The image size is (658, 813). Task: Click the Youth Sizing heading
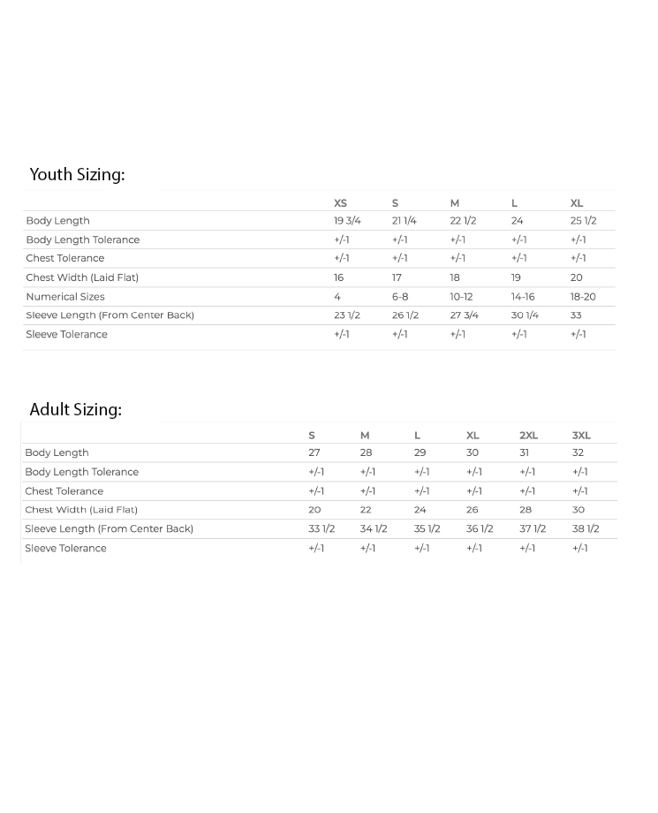(77, 175)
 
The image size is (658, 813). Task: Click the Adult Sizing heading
(75, 410)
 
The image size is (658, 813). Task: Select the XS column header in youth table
(340, 203)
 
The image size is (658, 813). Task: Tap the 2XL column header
(528, 436)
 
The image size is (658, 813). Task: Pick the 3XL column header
(581, 436)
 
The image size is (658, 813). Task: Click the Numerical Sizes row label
(65, 297)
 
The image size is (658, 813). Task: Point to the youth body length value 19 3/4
(347, 221)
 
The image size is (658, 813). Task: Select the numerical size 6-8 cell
(400, 297)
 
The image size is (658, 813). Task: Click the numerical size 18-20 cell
(583, 297)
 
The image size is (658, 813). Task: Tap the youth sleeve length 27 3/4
(464, 315)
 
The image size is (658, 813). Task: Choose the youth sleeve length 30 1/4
(525, 315)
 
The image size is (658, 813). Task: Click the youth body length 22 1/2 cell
(463, 221)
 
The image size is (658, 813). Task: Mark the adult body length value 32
(578, 452)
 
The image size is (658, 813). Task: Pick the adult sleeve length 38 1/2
(586, 529)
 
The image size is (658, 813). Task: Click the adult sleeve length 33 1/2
(321, 529)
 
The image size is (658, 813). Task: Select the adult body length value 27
(314, 452)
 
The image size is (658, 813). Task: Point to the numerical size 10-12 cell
(461, 297)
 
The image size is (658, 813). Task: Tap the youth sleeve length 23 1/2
(347, 315)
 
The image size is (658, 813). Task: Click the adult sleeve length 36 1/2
(480, 529)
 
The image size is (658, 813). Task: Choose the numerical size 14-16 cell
(523, 297)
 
